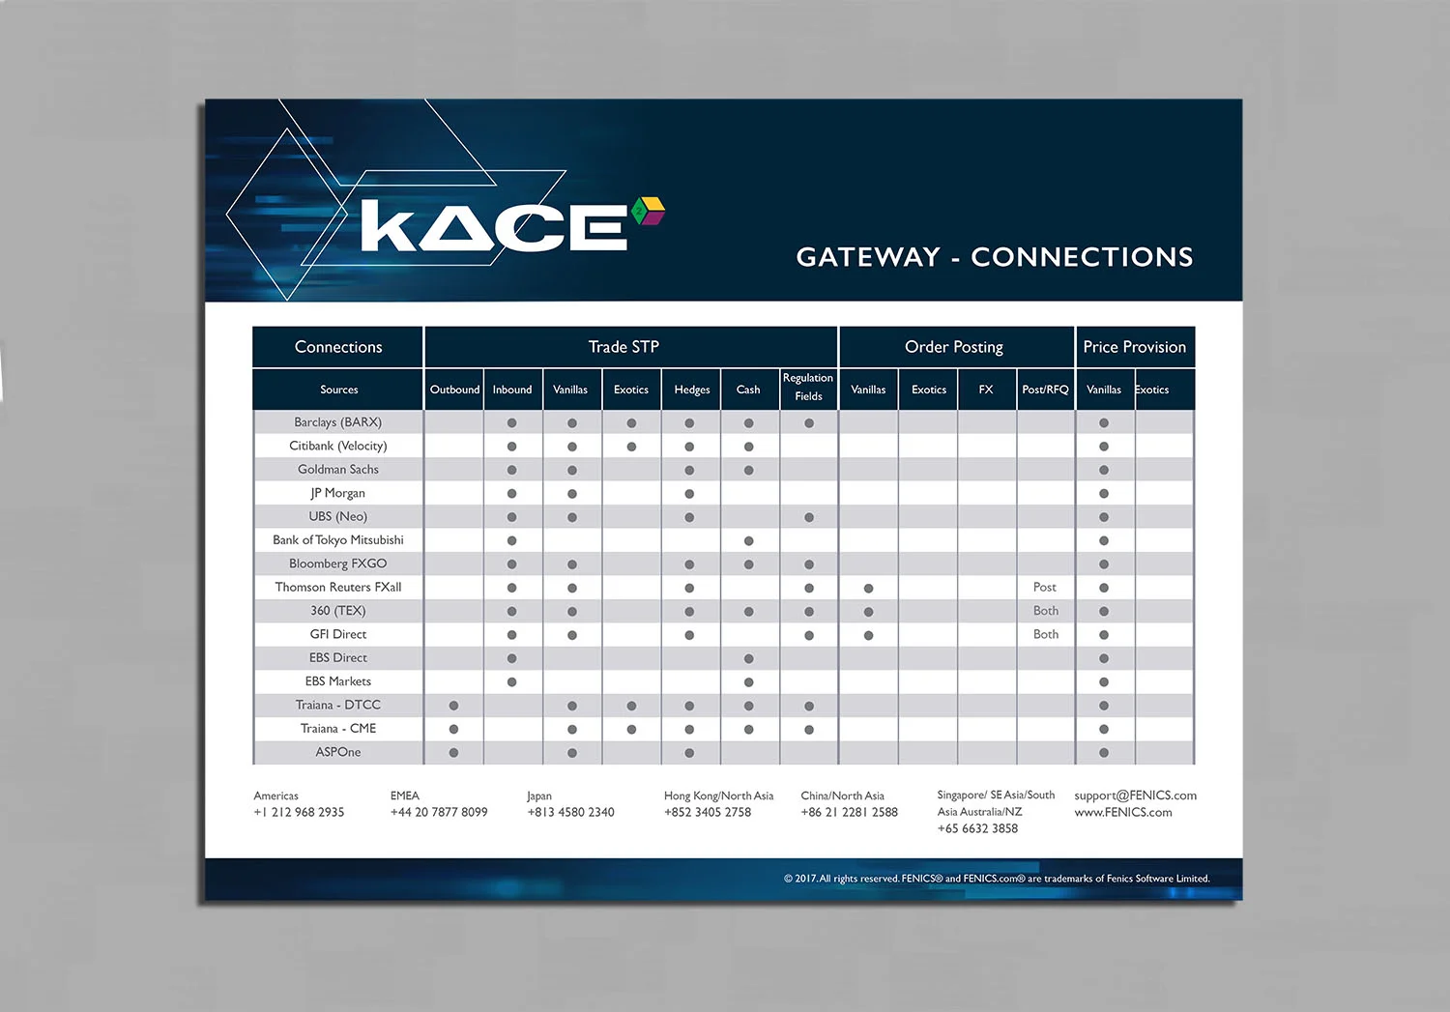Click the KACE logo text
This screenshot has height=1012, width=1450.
[x=494, y=228]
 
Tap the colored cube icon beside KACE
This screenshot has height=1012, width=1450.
[x=648, y=211]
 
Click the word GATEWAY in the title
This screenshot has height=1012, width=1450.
[x=868, y=257]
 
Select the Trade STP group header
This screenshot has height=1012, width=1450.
[x=623, y=347]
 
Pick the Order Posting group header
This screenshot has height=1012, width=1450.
[x=953, y=347]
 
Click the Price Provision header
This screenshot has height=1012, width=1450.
[x=1134, y=347]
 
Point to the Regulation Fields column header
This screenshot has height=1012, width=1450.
[x=808, y=388]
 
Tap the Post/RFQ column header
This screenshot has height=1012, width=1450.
[x=1045, y=390]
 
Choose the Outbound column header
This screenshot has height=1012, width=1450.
[x=454, y=390]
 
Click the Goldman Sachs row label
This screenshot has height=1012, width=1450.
[x=338, y=470]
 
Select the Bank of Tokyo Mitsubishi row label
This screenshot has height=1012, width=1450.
[x=338, y=540]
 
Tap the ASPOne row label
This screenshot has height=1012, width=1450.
[x=338, y=752]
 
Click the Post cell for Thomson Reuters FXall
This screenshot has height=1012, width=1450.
[x=1045, y=588]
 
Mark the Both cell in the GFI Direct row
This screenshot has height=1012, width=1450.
[x=1046, y=635]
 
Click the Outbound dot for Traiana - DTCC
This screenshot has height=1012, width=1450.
[x=453, y=706]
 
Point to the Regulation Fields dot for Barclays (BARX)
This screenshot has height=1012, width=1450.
[x=809, y=423]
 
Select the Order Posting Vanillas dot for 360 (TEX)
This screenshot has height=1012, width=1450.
[x=868, y=612]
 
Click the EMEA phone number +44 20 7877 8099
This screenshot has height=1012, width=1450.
[x=439, y=813]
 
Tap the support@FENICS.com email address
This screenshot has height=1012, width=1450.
[x=1135, y=795]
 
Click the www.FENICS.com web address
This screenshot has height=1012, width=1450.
[x=1123, y=813]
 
